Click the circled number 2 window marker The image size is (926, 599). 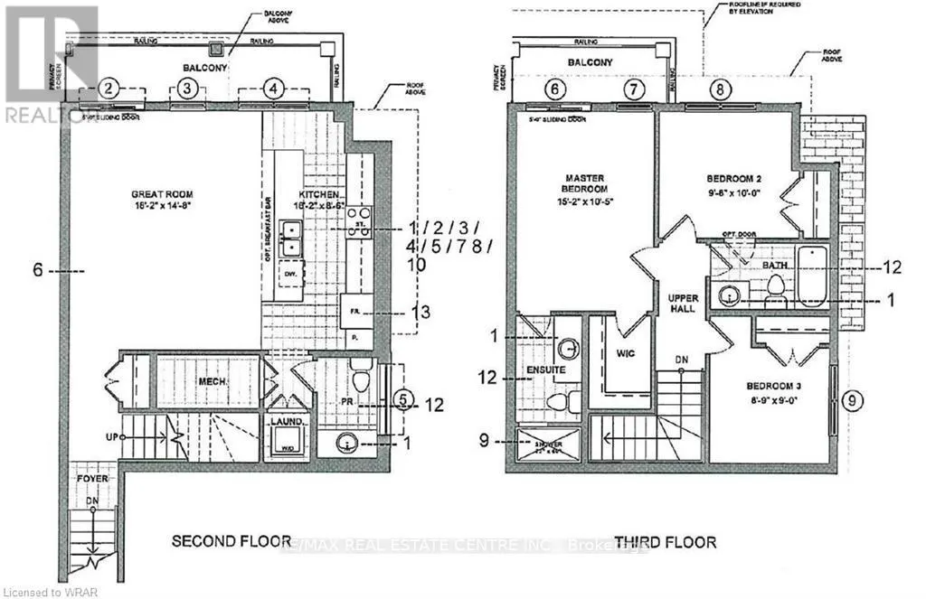coord(109,88)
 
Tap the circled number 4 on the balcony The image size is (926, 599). coord(274,88)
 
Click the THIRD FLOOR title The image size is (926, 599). coord(665,542)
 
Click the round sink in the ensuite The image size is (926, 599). coord(569,347)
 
